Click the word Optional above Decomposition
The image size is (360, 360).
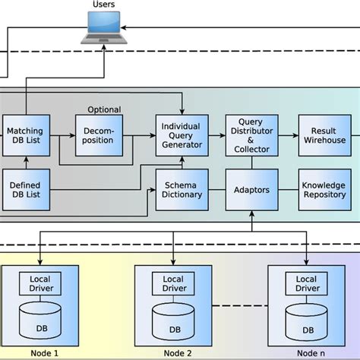104,110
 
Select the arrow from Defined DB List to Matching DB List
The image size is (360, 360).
26,162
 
